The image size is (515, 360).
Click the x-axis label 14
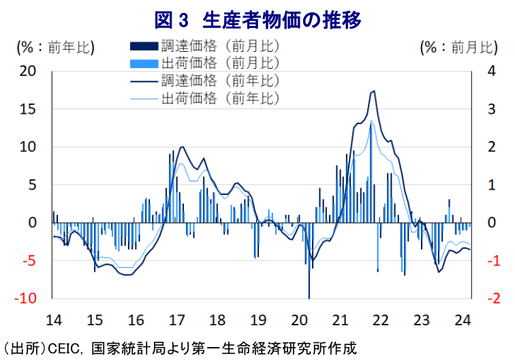click(54, 319)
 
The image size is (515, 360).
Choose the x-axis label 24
click(461, 319)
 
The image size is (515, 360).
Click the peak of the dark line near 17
click(181, 147)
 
